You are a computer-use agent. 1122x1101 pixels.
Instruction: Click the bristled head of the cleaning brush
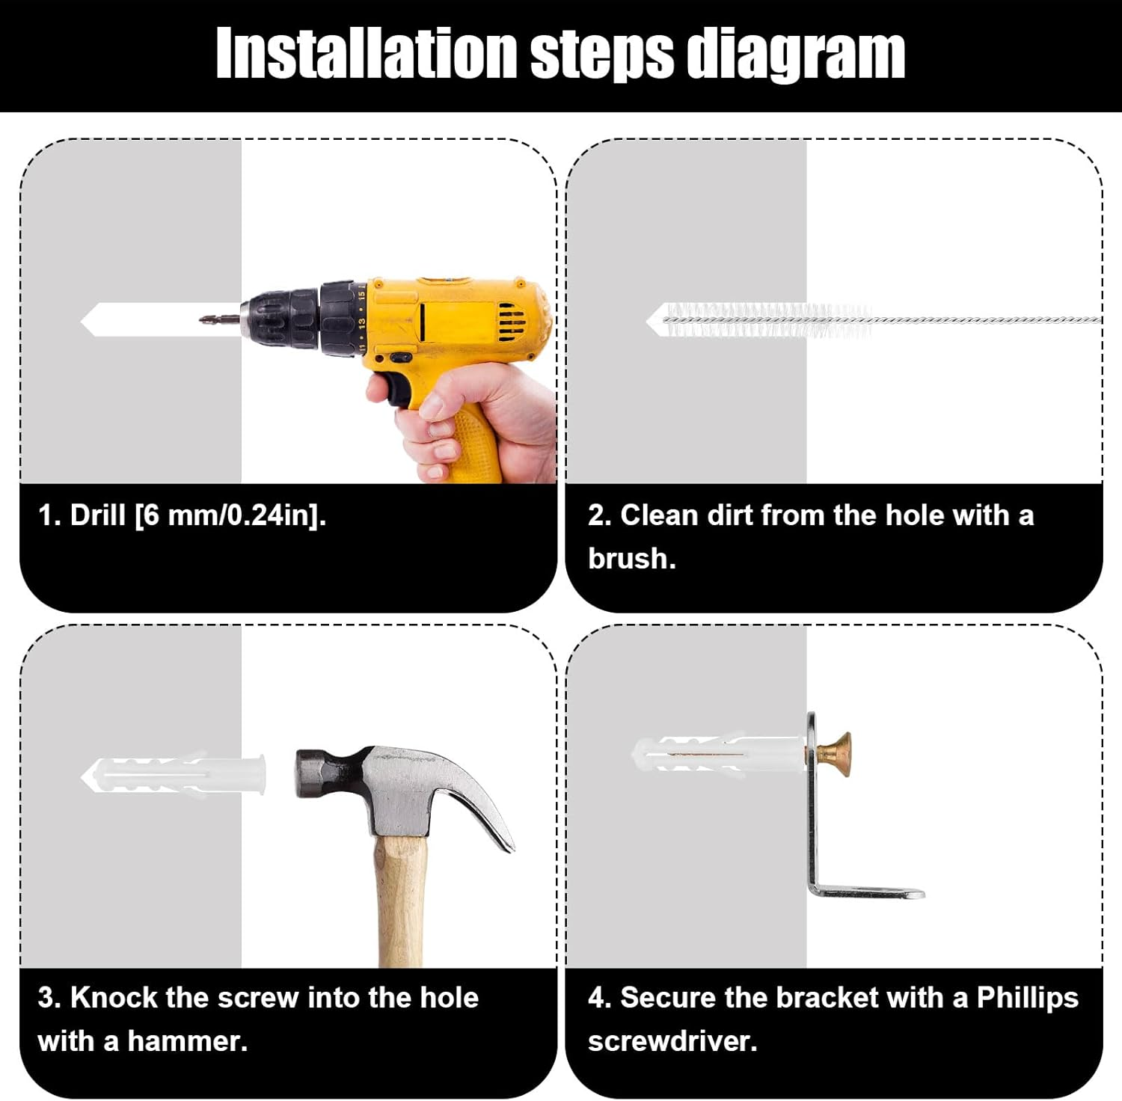click(767, 320)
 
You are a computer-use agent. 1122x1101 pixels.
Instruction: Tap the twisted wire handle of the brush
click(987, 320)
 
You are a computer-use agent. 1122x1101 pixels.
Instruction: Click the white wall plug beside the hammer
click(174, 775)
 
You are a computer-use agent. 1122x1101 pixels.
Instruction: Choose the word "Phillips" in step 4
click(1028, 999)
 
